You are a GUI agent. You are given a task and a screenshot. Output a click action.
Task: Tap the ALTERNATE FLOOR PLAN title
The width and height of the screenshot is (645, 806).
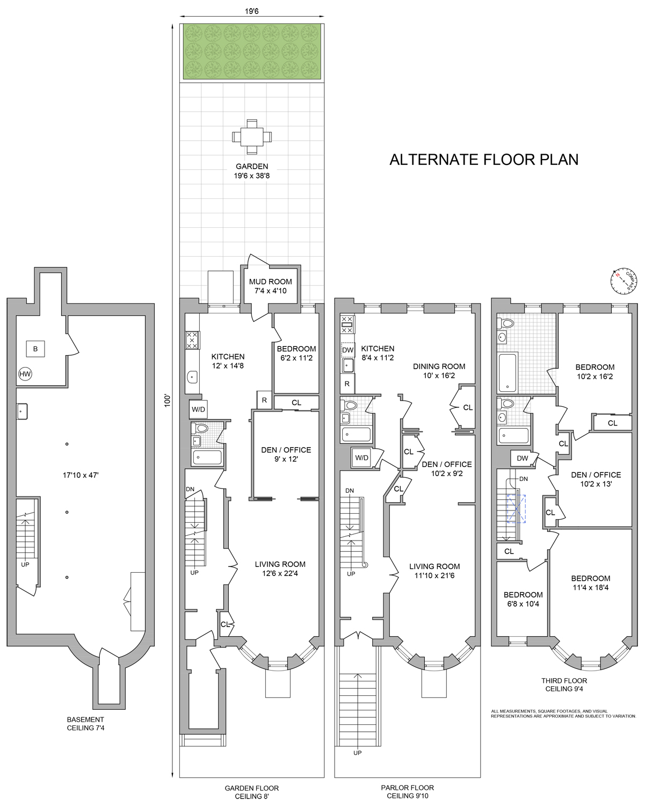[484, 160]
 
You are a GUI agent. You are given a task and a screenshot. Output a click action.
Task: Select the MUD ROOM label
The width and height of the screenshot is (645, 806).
[271, 286]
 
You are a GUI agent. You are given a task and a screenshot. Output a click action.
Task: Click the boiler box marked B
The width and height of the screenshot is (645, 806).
[35, 349]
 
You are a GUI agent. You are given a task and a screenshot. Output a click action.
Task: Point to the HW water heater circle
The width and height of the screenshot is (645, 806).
[25, 374]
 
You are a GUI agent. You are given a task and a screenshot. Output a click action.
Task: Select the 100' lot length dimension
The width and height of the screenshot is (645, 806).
[168, 400]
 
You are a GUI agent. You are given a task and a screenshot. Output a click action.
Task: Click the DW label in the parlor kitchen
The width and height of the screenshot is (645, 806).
[348, 350]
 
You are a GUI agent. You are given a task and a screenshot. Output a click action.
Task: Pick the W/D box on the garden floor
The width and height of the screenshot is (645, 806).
[198, 409]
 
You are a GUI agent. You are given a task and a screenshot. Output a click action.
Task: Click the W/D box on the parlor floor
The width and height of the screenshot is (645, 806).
[362, 457]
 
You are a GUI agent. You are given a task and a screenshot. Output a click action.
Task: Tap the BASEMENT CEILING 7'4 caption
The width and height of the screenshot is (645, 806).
[86, 724]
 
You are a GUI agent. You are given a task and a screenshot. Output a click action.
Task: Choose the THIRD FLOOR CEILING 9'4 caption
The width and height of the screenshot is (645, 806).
[564, 685]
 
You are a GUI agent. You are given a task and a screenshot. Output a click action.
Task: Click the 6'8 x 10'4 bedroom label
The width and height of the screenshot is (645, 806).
[523, 599]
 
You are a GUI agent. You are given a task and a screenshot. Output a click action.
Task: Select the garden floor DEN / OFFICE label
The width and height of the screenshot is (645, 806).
[286, 454]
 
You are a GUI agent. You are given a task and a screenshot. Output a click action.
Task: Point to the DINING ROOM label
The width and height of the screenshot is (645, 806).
[439, 371]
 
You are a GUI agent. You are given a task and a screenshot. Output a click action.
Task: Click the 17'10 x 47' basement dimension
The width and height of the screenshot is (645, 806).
[81, 475]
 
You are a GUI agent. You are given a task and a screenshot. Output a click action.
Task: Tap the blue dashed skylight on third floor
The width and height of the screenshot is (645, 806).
[517, 509]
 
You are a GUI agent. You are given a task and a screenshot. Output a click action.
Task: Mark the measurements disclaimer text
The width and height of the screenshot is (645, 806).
[563, 714]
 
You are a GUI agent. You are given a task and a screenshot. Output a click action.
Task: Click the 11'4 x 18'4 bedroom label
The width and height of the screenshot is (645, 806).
[591, 583]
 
